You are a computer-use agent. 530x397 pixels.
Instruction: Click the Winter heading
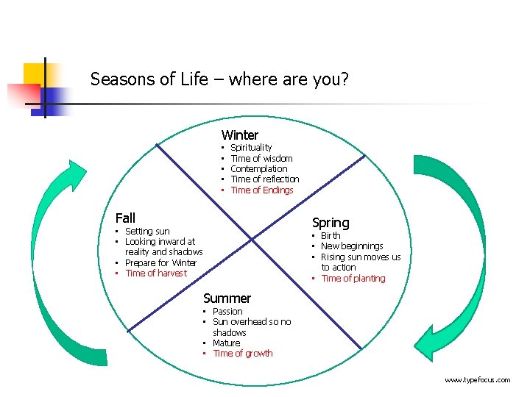coord(240,135)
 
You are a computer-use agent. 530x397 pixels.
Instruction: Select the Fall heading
coord(126,218)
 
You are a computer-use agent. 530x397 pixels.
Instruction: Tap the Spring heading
coord(331,222)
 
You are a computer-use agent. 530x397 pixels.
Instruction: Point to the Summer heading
coord(227,298)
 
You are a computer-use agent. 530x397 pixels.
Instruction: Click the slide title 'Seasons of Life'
coord(219,79)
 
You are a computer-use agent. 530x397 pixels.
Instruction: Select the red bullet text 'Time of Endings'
coord(262,190)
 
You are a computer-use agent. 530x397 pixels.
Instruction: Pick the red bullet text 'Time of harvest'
coord(156,273)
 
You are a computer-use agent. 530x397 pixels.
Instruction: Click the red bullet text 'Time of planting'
coord(353,279)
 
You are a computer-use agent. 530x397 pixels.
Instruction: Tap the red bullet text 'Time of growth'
coord(243,354)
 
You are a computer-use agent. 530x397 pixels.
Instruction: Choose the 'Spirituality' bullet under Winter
coord(251,148)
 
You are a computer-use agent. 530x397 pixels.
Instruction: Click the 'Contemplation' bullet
coord(259,169)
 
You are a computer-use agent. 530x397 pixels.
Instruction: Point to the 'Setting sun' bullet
coord(147,232)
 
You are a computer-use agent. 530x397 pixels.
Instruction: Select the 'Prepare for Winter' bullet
coord(161,263)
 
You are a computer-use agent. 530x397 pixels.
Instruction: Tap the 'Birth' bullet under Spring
coord(331,236)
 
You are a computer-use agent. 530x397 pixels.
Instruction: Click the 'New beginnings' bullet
coord(352,246)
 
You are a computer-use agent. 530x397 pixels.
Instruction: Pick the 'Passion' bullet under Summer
coord(227,312)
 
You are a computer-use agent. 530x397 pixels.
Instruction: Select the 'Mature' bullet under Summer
coord(227,343)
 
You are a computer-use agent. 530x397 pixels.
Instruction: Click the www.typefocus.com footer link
coord(477,380)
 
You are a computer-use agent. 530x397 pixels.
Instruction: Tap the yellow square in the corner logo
coord(34,74)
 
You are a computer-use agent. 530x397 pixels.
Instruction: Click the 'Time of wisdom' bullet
coord(261,159)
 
